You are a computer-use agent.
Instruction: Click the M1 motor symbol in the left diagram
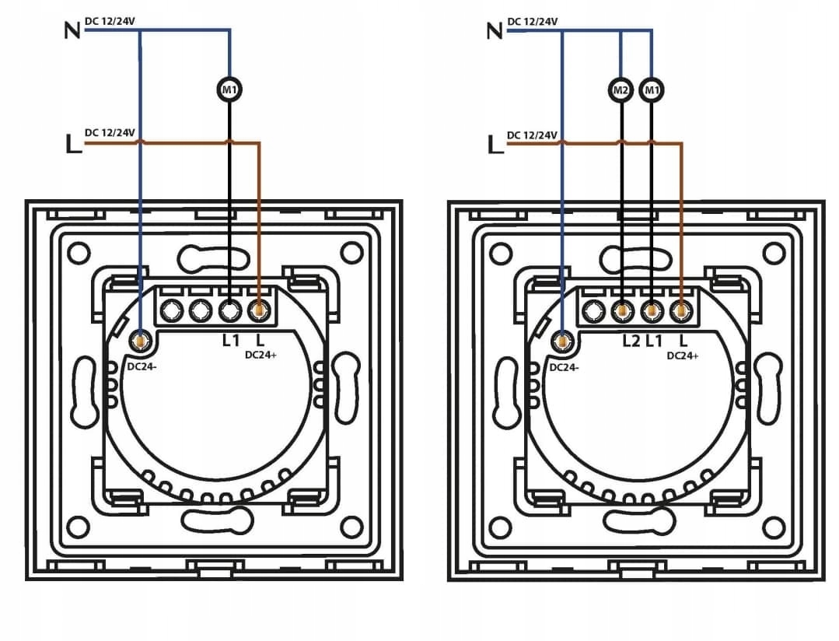click(x=229, y=90)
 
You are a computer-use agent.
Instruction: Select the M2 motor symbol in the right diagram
click(x=621, y=90)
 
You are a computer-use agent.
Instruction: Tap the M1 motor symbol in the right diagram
click(x=652, y=90)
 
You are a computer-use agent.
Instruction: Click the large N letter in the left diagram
click(x=72, y=31)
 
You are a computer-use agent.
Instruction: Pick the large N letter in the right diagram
click(x=494, y=31)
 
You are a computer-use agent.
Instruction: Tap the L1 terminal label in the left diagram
click(x=229, y=340)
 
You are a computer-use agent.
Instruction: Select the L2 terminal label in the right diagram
click(x=631, y=340)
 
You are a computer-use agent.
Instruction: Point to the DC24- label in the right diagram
click(x=564, y=367)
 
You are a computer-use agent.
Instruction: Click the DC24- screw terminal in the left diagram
click(x=141, y=341)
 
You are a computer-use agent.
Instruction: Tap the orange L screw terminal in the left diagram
click(x=258, y=311)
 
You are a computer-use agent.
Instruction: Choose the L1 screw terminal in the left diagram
click(x=229, y=311)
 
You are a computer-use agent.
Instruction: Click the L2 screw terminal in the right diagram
click(x=621, y=312)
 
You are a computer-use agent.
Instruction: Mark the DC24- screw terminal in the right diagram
click(x=561, y=341)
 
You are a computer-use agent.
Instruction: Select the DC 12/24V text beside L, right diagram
click(x=532, y=135)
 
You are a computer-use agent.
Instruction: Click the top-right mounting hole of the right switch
click(x=774, y=252)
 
